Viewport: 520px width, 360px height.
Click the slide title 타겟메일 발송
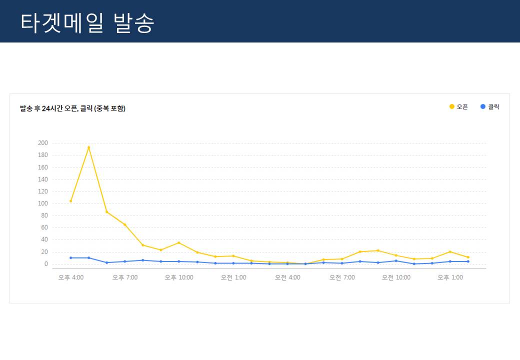(87, 22)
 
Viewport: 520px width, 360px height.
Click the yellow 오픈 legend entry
(458, 106)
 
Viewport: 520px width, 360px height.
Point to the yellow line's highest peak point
(88, 147)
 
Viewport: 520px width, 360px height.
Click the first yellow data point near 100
(70, 201)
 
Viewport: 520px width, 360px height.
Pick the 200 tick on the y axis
(42, 143)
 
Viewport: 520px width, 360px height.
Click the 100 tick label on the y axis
(42, 203)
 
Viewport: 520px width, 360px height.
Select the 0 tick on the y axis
(45, 264)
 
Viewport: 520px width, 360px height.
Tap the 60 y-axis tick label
(44, 227)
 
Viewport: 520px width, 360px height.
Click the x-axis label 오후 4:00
(70, 277)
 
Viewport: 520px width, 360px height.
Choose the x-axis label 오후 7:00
(124, 277)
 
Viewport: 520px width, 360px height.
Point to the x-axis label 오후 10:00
(178, 277)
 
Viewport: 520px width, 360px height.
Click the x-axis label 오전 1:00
(233, 277)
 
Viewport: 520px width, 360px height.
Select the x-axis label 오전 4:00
(287, 277)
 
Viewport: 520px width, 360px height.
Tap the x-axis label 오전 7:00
(342, 277)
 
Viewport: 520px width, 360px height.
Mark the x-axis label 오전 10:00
(396, 277)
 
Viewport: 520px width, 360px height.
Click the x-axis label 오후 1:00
(450, 277)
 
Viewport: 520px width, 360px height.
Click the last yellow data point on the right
(468, 257)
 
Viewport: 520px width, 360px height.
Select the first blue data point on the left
(70, 257)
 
